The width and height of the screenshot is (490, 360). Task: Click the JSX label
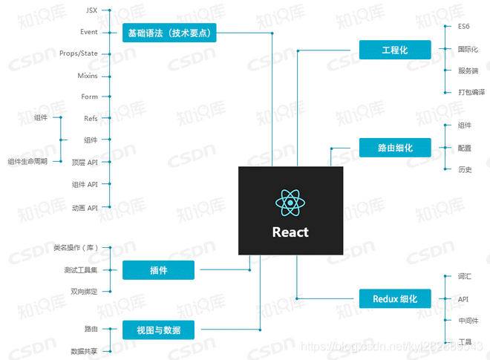[x=91, y=10]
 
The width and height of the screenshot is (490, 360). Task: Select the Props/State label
[x=78, y=53]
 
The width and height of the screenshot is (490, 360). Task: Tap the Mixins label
[x=88, y=76]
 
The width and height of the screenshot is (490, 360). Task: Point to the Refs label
[x=91, y=118]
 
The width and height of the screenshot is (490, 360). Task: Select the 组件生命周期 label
[x=27, y=161]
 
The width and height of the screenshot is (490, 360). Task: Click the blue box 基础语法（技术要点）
[x=169, y=33]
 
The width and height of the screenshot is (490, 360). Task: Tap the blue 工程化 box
[x=395, y=50]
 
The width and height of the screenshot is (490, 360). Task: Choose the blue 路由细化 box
[x=395, y=148]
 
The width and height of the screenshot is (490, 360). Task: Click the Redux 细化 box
[x=395, y=299]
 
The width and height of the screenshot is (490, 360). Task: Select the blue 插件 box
[x=158, y=270]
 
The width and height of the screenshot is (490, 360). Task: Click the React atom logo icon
[x=290, y=203]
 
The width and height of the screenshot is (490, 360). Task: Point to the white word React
[x=290, y=232]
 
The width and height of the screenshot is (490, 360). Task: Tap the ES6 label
[x=464, y=27]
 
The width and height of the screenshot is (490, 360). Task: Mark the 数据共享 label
[x=84, y=350]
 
